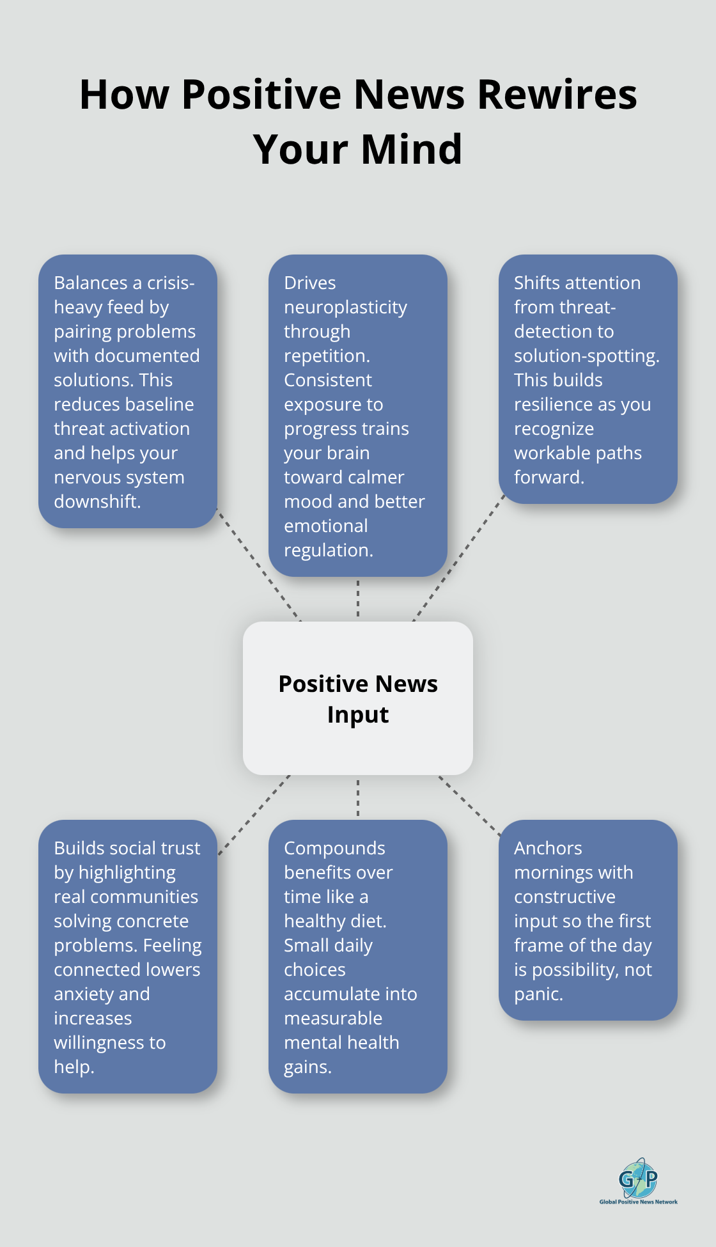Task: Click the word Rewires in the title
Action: pyautogui.click(x=557, y=95)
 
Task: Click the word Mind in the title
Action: pyautogui.click(x=411, y=150)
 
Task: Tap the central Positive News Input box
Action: pyautogui.click(x=358, y=698)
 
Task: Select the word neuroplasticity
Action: pyautogui.click(x=345, y=308)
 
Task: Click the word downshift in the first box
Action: pyautogui.click(x=96, y=502)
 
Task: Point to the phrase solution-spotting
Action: pyautogui.click(x=586, y=356)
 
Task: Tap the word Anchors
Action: pyautogui.click(x=548, y=849)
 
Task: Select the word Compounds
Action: pyautogui.click(x=334, y=849)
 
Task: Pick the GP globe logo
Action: pyautogui.click(x=638, y=1178)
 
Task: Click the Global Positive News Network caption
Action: pyautogui.click(x=638, y=1202)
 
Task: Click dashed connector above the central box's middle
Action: pyautogui.click(x=358, y=599)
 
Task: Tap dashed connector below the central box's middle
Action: pyautogui.click(x=358, y=797)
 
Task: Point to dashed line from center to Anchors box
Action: pyautogui.click(x=470, y=806)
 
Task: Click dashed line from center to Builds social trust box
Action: pyautogui.click(x=254, y=815)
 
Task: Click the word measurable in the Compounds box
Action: pyautogui.click(x=332, y=1019)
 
